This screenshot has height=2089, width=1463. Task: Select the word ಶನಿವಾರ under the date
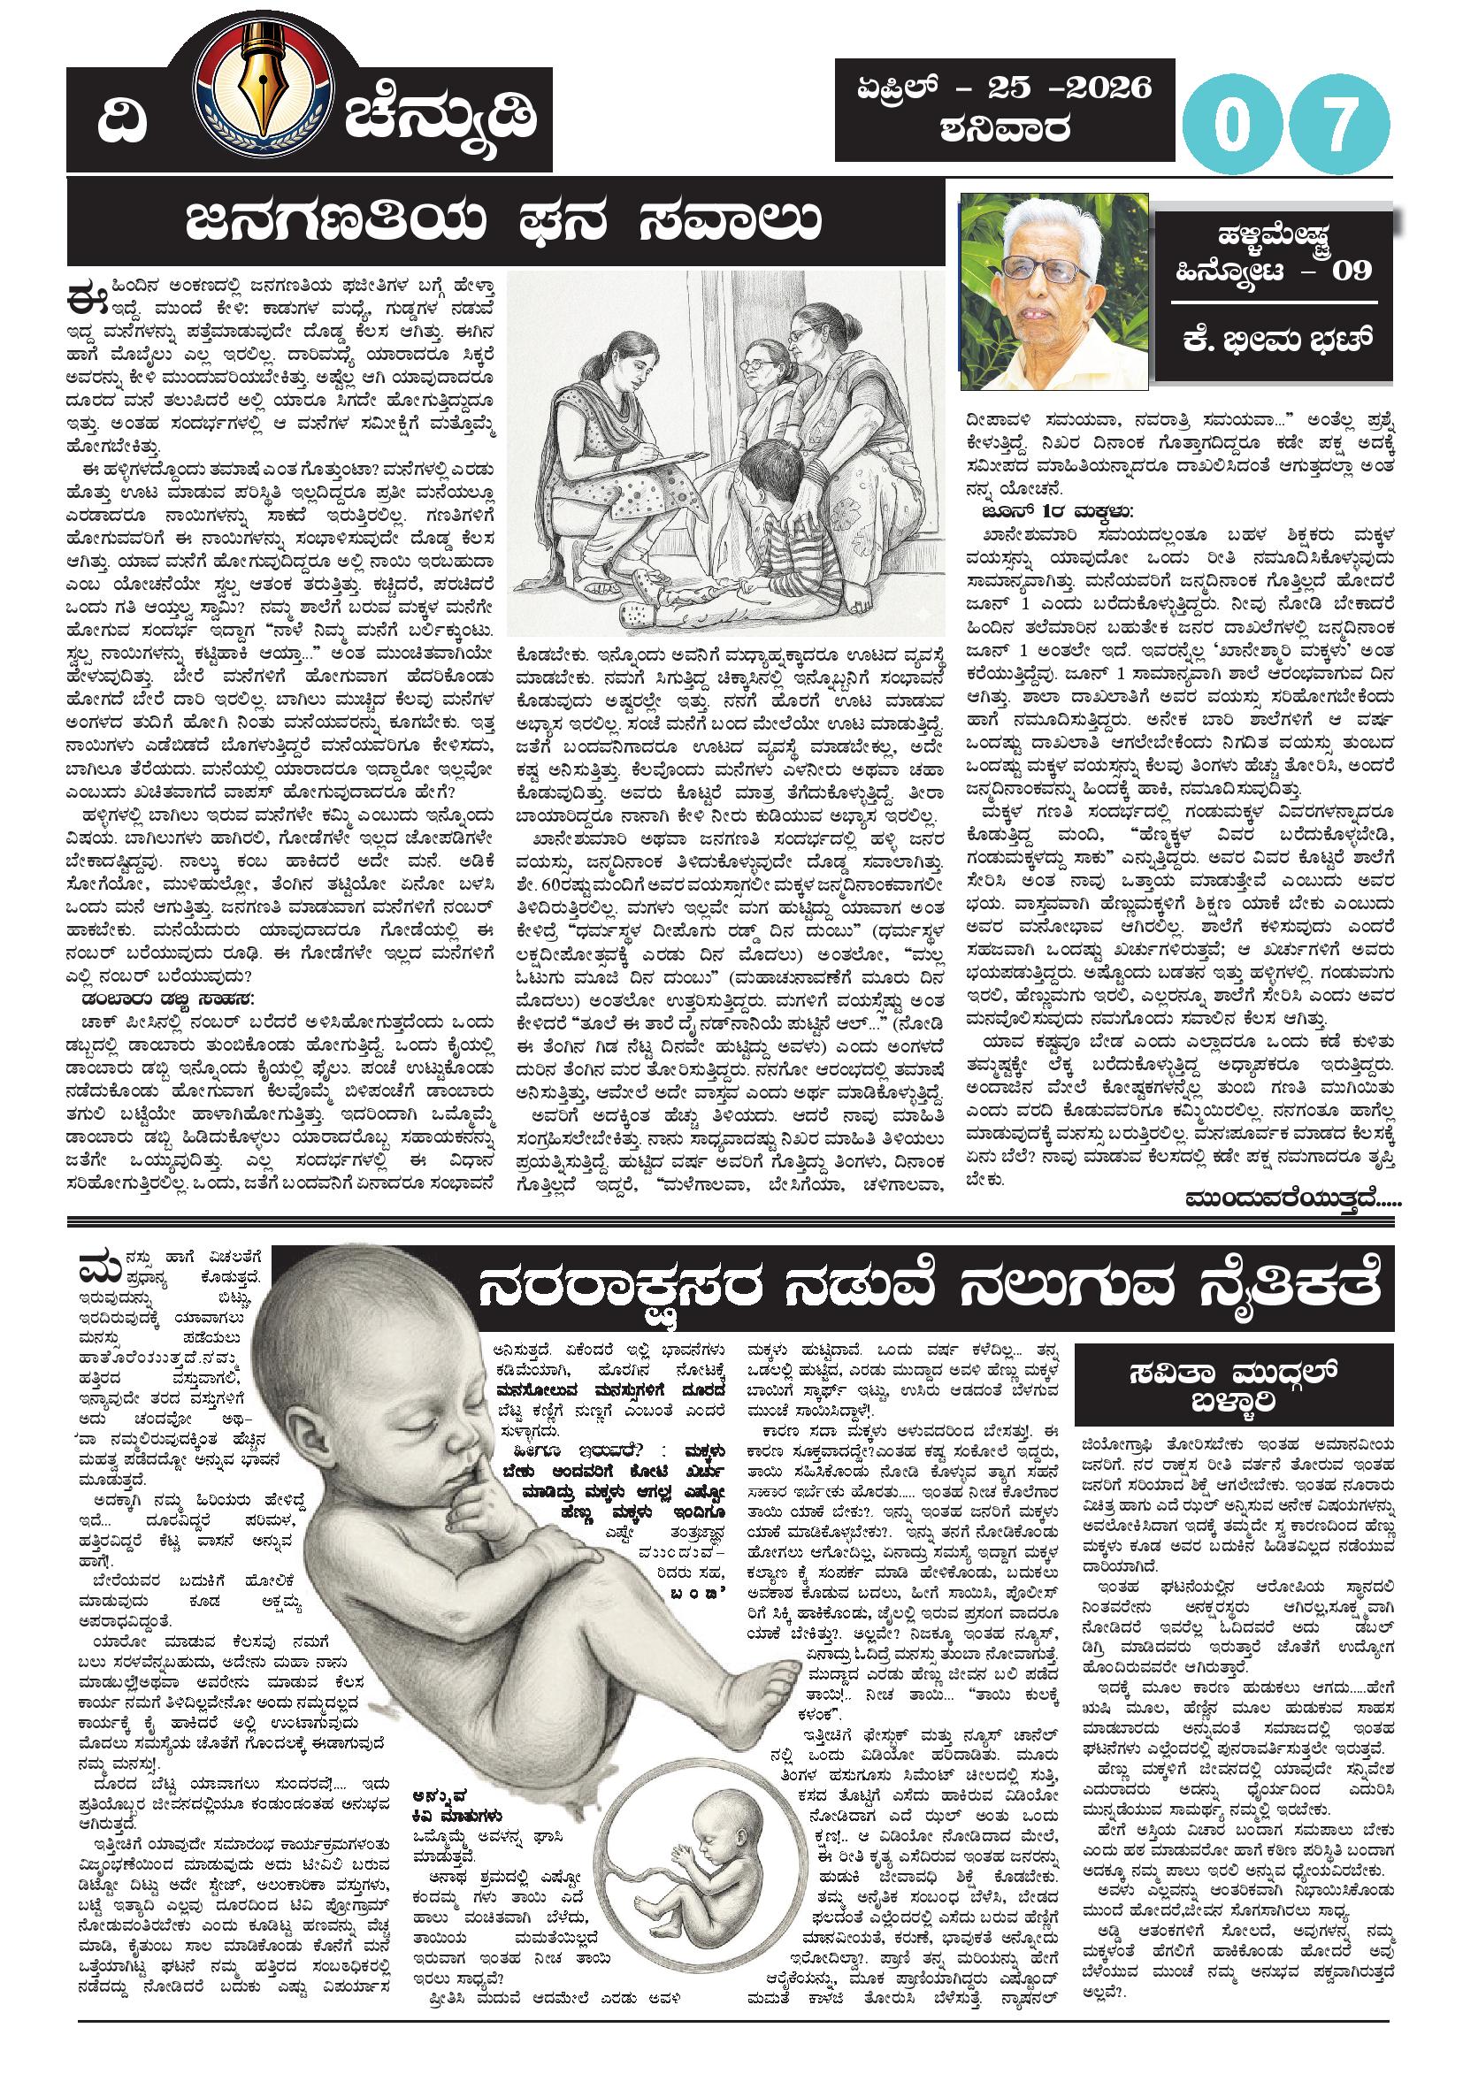pos(1006,130)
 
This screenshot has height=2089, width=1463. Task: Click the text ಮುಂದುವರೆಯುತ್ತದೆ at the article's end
pos(1292,1198)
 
